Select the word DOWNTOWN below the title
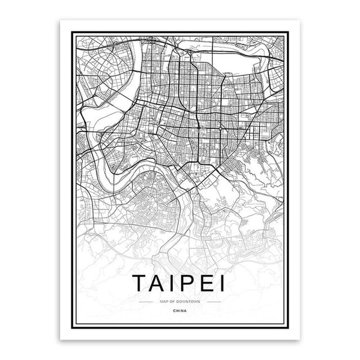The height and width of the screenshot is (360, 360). (185, 301)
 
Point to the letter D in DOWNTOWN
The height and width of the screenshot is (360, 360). (176, 301)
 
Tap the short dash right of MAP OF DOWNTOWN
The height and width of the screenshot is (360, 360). (216, 301)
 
